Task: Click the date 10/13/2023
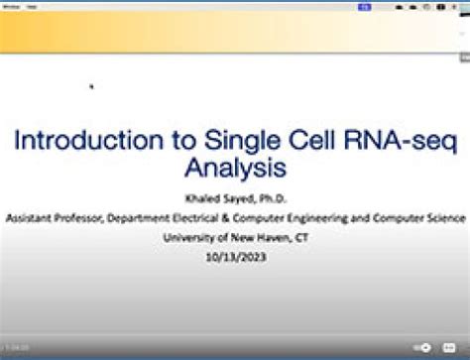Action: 235,256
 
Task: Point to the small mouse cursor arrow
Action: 91,86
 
